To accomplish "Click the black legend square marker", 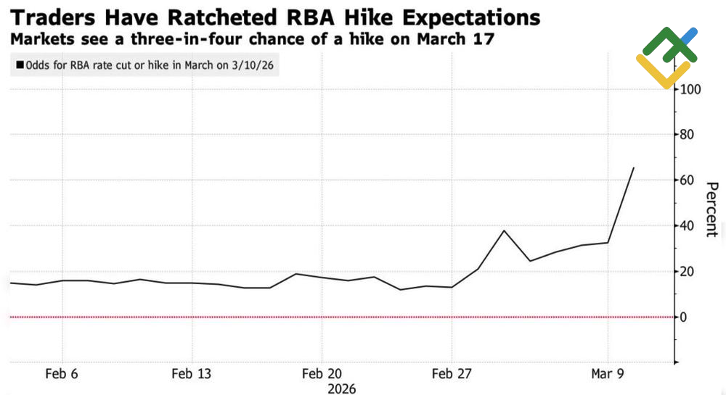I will tap(19, 65).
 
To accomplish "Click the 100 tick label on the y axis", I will tap(690, 89).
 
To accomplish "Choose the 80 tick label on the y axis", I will tap(687, 135).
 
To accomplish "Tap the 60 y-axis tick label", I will tap(687, 180).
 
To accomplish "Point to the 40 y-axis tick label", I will tap(687, 226).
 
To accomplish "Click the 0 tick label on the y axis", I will tap(683, 317).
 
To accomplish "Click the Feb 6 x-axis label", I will tap(61, 374).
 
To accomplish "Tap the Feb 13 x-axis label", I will tap(192, 374).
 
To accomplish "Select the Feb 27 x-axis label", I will tap(452, 374).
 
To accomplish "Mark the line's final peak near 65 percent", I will tap(634, 168).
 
